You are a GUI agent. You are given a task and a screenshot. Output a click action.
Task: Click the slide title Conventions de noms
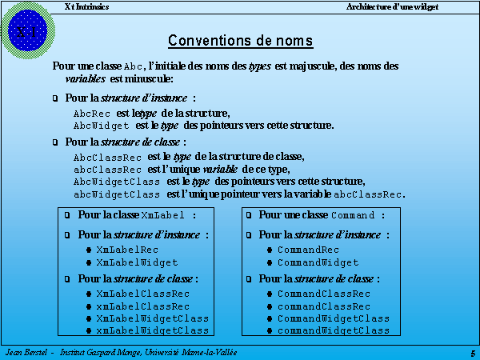(x=240, y=41)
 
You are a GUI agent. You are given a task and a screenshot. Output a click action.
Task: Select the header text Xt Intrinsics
(x=86, y=6)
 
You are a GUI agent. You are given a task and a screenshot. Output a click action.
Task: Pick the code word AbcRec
(x=91, y=114)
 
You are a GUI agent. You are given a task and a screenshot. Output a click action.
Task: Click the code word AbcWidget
(x=101, y=126)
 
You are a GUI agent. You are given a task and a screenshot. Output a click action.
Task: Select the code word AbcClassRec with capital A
(x=107, y=158)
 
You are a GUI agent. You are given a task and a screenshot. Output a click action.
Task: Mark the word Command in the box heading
(x=352, y=216)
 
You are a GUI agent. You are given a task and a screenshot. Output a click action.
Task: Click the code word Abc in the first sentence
(x=134, y=66)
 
